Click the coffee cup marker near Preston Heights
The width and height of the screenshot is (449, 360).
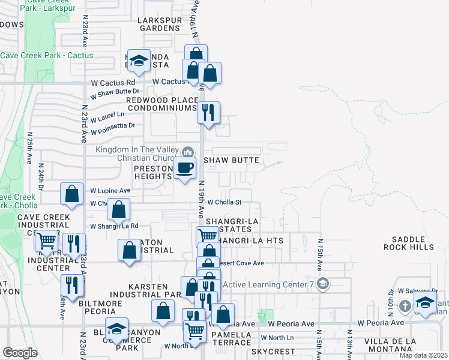coord(184,167)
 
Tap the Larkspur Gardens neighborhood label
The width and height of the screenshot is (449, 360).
coord(159,24)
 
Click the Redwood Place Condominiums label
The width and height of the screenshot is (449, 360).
coord(161,103)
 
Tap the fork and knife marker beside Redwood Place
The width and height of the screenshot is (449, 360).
coord(208,112)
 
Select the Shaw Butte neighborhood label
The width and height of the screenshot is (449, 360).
coord(231,160)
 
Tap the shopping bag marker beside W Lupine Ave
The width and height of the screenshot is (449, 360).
coord(72,194)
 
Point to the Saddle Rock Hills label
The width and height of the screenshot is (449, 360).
coord(409,243)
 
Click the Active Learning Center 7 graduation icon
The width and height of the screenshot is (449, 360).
coord(323,283)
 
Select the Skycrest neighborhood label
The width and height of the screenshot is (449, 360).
coord(273,352)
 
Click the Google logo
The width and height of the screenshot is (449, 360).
coord(20,352)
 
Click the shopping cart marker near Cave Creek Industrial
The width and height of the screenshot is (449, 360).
coord(47,241)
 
